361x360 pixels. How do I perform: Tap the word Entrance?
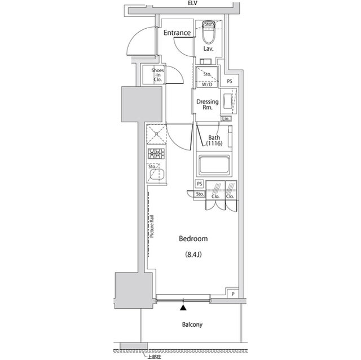click(177, 33)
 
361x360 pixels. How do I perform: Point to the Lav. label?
click(208, 49)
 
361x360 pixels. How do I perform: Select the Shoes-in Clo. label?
click(157, 75)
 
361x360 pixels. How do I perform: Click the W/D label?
click(207, 85)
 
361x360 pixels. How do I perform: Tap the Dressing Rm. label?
click(207, 105)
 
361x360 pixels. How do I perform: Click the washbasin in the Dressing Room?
click(228, 101)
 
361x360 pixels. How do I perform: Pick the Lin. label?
click(227, 118)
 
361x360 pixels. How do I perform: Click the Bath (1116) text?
click(214, 141)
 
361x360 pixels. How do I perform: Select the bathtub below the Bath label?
click(213, 166)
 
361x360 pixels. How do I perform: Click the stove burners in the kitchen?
click(156, 154)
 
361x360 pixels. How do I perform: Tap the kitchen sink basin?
click(157, 175)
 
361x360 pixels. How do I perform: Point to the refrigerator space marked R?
click(156, 135)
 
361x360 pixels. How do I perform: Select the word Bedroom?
click(193, 239)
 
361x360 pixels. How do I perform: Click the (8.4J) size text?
click(193, 255)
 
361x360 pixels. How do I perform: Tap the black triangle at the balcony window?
click(183, 308)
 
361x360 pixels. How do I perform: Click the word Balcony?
click(192, 325)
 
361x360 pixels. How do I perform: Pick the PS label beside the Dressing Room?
click(230, 82)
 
